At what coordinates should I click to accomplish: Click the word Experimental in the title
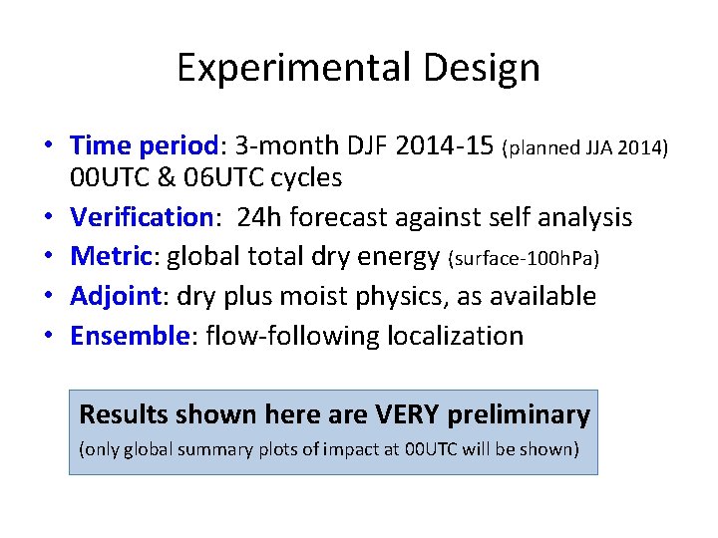click(291, 68)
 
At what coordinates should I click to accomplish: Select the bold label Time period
click(144, 145)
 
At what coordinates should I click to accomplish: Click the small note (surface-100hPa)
click(526, 259)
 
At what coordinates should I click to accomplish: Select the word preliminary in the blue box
click(521, 413)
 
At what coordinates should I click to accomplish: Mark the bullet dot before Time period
click(48, 146)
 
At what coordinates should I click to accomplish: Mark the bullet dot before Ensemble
click(48, 337)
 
